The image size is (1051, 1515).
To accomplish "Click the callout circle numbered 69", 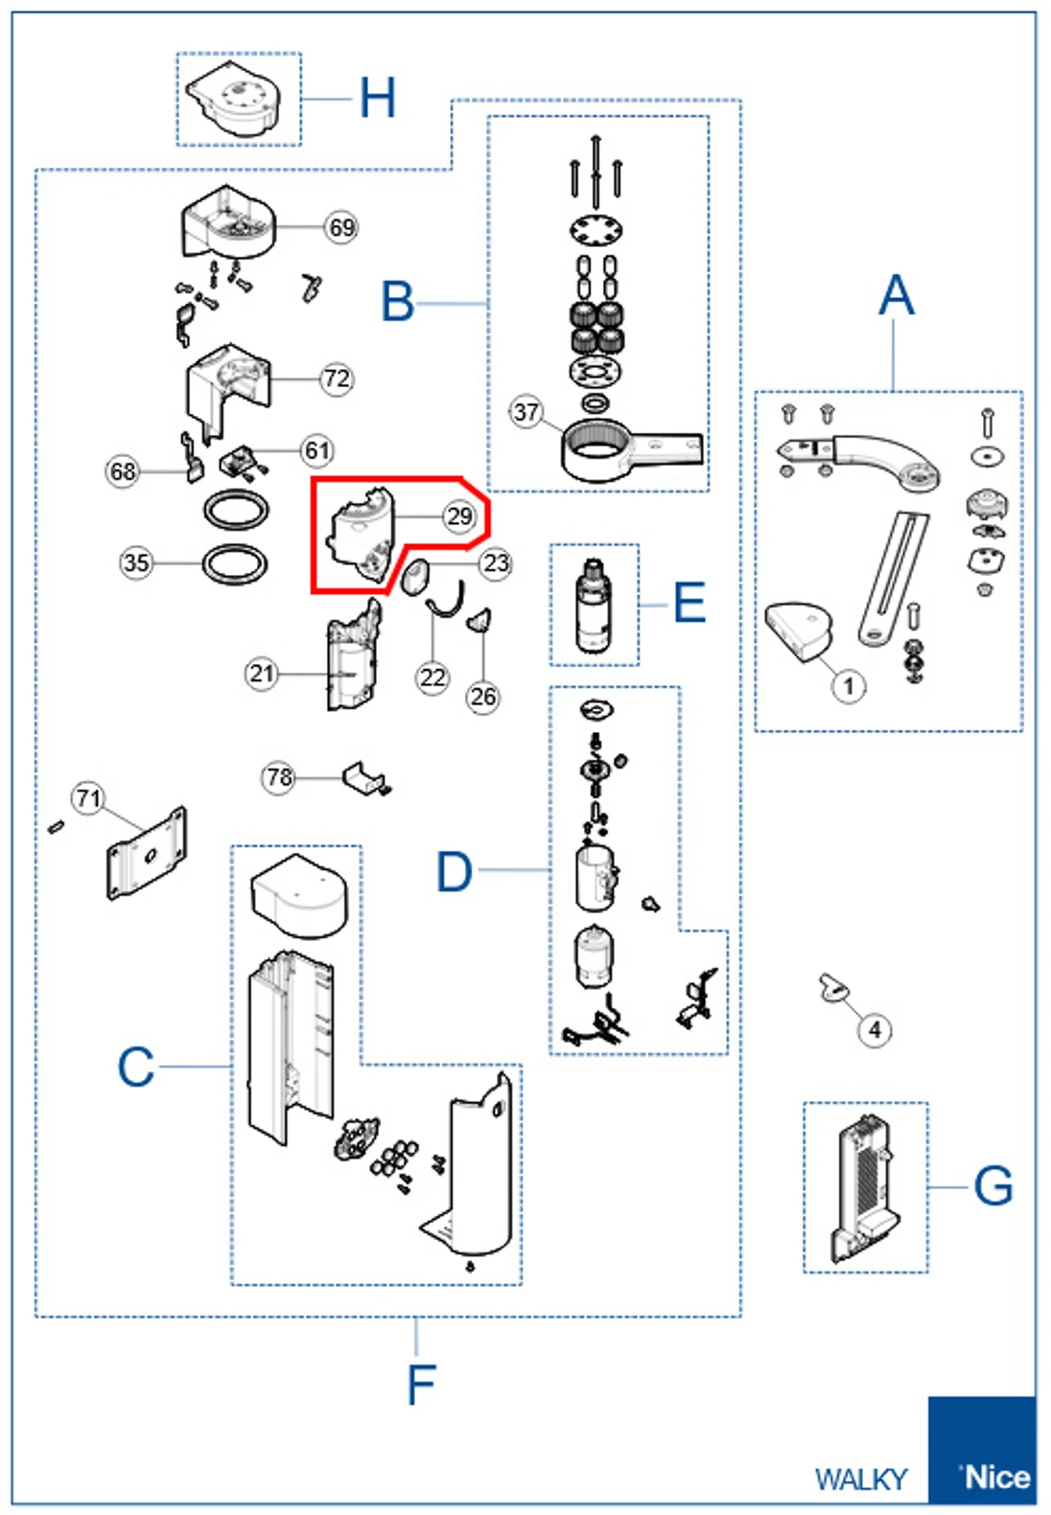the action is point(341,227).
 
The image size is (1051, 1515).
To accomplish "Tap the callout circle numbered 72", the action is point(337,379).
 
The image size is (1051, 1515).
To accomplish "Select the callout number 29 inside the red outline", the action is point(459,516).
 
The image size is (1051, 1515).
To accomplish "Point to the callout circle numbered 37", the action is point(525,412).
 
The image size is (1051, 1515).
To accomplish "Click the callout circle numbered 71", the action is point(88,799).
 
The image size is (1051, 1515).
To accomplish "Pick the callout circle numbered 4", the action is point(875,1030).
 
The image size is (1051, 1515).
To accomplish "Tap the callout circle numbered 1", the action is point(849,686).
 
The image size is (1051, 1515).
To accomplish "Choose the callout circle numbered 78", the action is point(279,778).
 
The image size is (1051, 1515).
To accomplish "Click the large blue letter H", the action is point(377,98).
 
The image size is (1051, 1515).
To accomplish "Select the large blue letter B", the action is point(397,302).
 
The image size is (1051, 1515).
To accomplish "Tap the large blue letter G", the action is point(993,1185).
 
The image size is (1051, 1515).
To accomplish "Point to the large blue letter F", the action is point(421,1385).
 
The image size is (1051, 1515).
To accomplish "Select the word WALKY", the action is point(861,1480).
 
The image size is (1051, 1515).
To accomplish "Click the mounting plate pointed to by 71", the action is point(147,854).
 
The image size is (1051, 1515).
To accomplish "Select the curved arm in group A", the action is point(858,461).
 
